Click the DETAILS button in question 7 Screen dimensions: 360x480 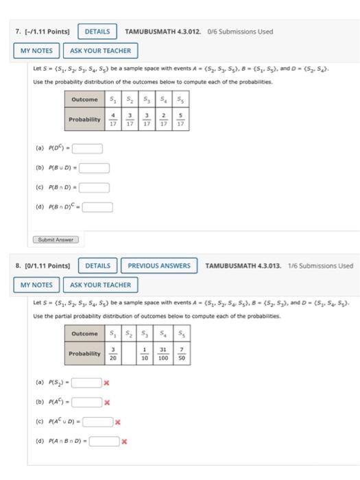point(98,32)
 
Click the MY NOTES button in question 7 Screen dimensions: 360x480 point(36,51)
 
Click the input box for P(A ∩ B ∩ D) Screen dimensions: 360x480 point(105,442)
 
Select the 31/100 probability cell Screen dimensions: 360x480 point(163,355)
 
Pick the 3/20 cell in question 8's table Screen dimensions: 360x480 point(113,355)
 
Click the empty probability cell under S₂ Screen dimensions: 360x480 point(129,355)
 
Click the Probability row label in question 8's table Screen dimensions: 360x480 point(85,355)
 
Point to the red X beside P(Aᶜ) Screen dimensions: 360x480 point(107,403)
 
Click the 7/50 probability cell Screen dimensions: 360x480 point(182,355)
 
